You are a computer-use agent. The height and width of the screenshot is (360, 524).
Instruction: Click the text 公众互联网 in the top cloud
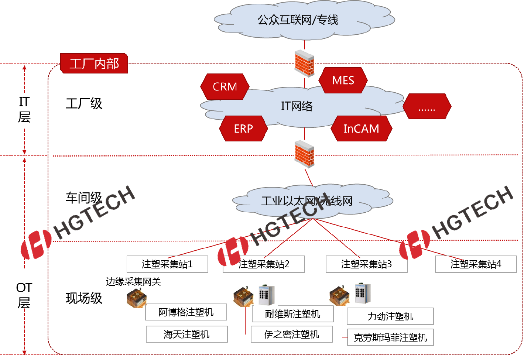coord(284,20)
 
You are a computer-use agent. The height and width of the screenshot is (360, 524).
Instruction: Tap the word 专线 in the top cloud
coord(328,20)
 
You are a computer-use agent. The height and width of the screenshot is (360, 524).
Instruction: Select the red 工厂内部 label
coord(94,64)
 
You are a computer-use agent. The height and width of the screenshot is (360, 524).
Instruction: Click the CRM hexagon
coord(225,87)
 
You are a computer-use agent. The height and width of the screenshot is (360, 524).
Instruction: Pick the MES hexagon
coord(343,80)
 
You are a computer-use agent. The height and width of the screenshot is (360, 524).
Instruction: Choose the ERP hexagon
coord(243,129)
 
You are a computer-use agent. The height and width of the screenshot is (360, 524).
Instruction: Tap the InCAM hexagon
coord(361,129)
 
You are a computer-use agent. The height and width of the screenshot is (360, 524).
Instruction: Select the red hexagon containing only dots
coord(427,107)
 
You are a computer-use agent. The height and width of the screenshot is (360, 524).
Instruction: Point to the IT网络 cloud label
coord(297,106)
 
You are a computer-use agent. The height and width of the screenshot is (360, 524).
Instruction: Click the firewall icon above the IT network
coord(305,64)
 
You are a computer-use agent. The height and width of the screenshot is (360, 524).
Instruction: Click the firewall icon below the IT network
coord(305,154)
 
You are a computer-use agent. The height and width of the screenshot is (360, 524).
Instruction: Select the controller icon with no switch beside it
coord(137,298)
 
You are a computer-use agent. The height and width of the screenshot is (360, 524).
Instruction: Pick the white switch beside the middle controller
coord(266,295)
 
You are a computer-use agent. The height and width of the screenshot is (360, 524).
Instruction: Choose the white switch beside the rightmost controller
coord(362,293)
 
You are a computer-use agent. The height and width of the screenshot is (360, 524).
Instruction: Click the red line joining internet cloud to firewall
coord(304,44)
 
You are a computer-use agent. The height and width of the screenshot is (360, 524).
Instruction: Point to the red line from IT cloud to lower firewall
coord(305,134)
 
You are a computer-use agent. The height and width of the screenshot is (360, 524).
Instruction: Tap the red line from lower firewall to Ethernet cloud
coord(309,177)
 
